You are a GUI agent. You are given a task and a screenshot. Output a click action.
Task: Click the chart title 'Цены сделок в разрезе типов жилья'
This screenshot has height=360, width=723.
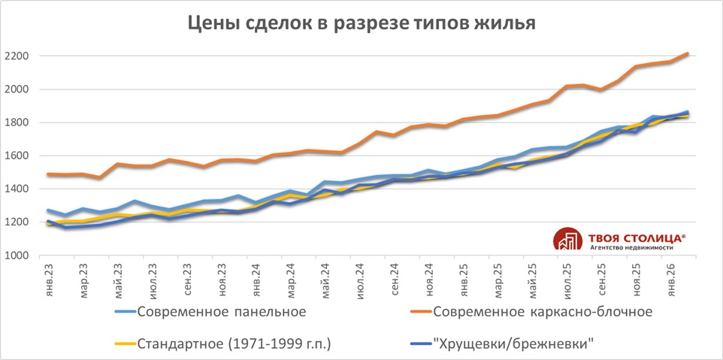tap(361, 23)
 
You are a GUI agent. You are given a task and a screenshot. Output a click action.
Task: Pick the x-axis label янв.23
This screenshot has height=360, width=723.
tap(50, 280)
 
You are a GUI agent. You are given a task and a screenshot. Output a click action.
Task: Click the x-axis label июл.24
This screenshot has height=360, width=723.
tap(361, 280)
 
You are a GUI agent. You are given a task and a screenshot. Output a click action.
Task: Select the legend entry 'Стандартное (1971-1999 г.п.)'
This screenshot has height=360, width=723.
tap(234, 343)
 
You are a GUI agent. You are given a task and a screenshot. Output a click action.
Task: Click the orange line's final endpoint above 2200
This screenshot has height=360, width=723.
tap(688, 53)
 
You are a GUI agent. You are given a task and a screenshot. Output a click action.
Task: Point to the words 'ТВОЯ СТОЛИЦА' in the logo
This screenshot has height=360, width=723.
tap(628, 234)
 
